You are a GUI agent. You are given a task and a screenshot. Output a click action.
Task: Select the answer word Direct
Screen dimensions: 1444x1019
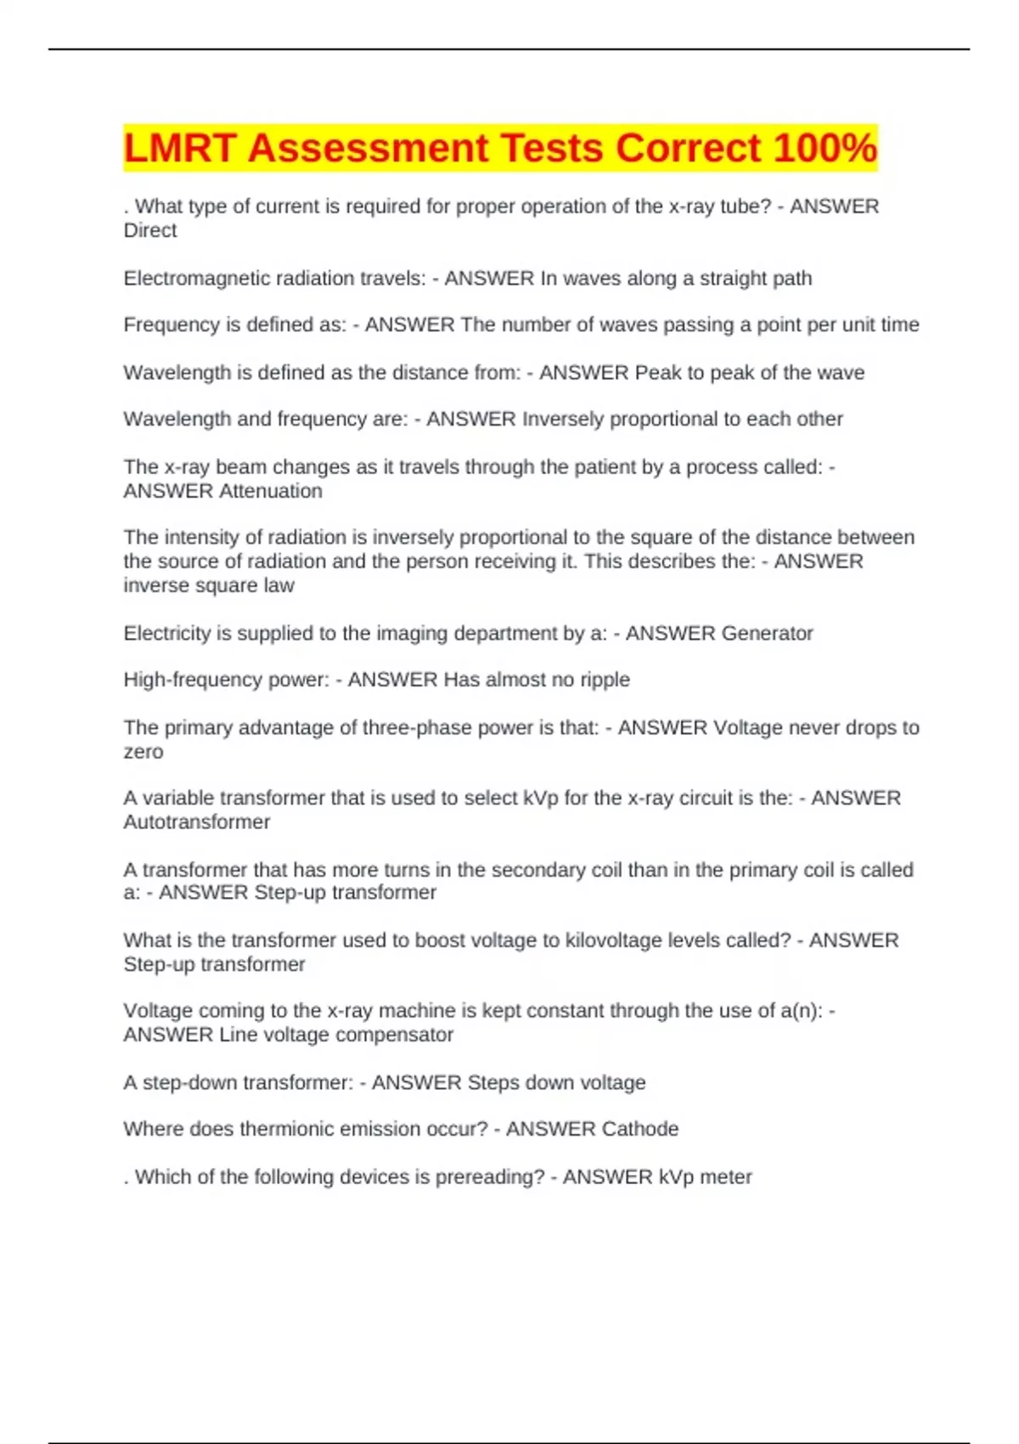coord(150,230)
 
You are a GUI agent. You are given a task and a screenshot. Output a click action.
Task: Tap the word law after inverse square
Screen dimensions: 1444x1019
coord(279,585)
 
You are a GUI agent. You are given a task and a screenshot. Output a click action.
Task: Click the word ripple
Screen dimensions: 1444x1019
coord(605,680)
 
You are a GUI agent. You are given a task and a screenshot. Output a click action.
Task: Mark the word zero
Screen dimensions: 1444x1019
coord(144,752)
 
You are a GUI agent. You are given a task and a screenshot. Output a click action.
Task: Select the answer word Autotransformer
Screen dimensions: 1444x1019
coord(197,821)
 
